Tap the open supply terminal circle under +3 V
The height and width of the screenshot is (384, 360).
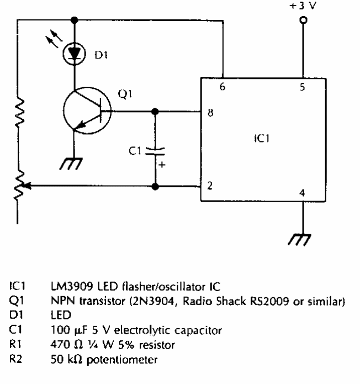point(301,21)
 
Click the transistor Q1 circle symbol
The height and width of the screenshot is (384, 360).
point(84,111)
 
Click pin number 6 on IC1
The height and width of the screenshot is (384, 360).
point(222,87)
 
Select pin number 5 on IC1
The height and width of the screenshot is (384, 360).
point(301,87)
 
